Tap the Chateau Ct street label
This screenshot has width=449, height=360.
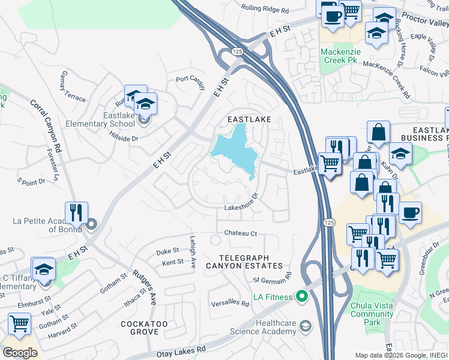pyautogui.click(x=240, y=233)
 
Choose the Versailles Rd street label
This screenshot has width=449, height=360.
pyautogui.click(x=229, y=304)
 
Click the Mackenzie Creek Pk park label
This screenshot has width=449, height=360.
pyautogui.click(x=340, y=56)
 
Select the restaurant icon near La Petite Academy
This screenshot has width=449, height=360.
pyautogui.click(x=76, y=212)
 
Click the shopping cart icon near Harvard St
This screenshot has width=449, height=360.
pyautogui.click(x=19, y=323)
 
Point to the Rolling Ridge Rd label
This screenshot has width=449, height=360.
pyautogui.click(x=265, y=9)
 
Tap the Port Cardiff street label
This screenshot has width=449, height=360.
pyautogui.click(x=190, y=79)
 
